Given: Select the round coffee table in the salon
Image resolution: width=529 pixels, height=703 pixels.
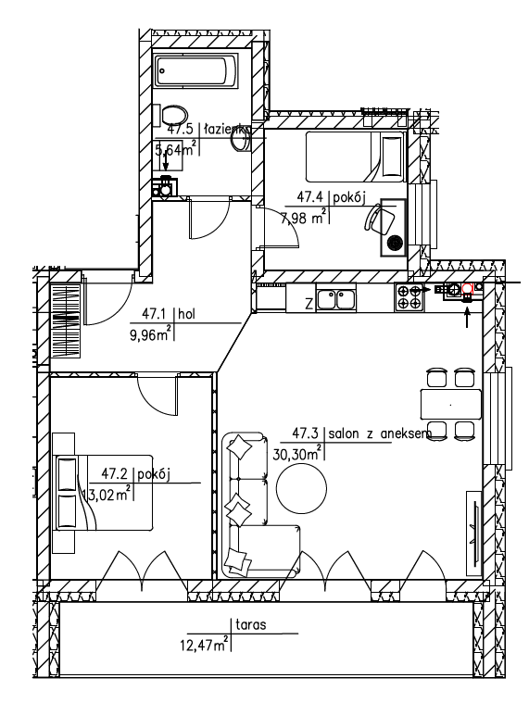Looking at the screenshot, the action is (x=301, y=488).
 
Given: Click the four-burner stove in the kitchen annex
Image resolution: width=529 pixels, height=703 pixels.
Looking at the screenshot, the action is (x=409, y=297).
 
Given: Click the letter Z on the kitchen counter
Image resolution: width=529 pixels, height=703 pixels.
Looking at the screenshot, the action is (x=309, y=305).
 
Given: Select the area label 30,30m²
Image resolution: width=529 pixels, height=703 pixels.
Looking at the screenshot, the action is (x=297, y=454).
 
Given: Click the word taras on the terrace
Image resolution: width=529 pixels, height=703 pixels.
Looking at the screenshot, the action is (x=250, y=624).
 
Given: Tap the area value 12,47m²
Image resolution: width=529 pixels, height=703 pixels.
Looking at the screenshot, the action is (x=205, y=646).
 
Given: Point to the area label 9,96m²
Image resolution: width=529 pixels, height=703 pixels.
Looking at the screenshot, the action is (x=151, y=334).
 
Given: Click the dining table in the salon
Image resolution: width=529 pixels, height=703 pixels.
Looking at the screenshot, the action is (x=450, y=405).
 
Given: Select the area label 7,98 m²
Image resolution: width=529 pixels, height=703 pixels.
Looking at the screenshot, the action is (x=304, y=218).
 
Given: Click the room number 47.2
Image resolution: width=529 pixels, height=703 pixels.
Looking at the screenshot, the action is (x=115, y=473).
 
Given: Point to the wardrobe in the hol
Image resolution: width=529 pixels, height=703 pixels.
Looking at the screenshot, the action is (x=66, y=320).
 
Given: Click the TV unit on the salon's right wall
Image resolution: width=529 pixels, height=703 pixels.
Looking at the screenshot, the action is (x=473, y=534).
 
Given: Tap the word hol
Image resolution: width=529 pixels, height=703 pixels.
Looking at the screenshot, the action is (x=186, y=314).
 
